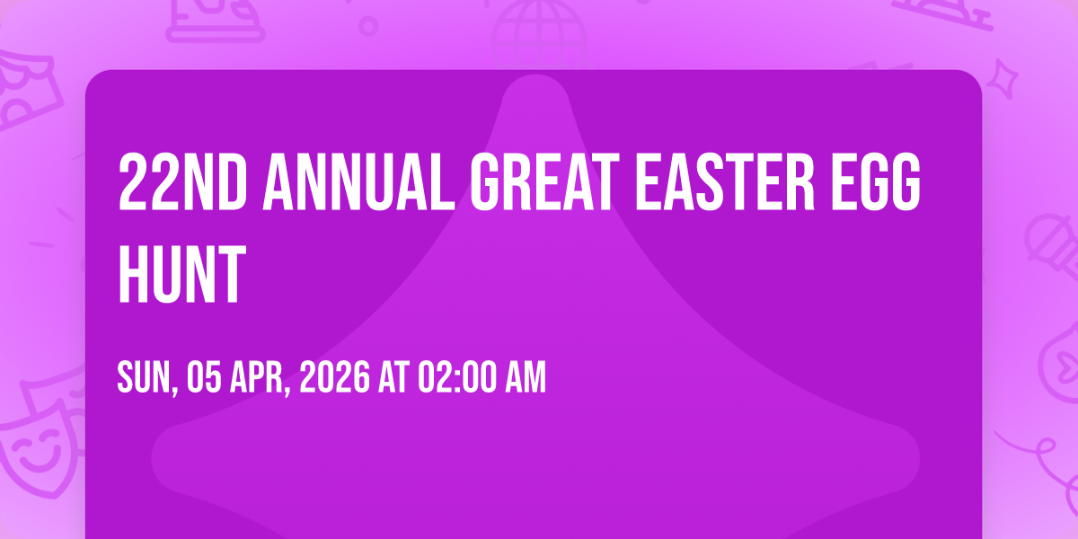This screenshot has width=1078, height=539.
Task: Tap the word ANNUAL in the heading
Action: point(358,181)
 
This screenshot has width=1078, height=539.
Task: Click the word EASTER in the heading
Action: point(725,181)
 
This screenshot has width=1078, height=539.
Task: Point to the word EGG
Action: point(875,181)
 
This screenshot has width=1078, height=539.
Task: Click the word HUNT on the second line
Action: point(182,273)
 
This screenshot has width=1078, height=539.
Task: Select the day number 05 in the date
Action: point(204,377)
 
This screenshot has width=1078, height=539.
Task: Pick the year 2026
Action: point(335,377)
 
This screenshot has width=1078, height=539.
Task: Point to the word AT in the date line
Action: point(393,377)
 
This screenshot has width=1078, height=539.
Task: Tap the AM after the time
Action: point(526,377)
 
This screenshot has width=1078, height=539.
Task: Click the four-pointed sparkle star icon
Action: point(1002,80)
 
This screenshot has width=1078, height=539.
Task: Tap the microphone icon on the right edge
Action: point(1052,244)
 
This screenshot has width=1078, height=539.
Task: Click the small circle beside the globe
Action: point(368,26)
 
